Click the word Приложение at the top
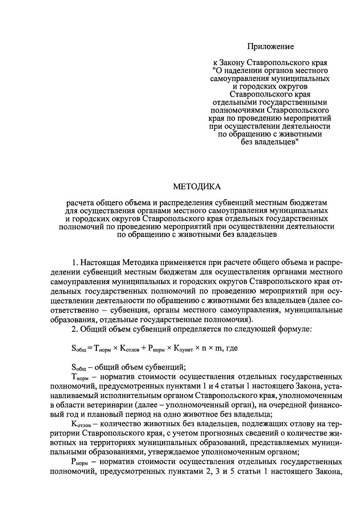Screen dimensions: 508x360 point(270,46)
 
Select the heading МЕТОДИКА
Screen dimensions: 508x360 point(197,187)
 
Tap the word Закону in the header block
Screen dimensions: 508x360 point(232,63)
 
